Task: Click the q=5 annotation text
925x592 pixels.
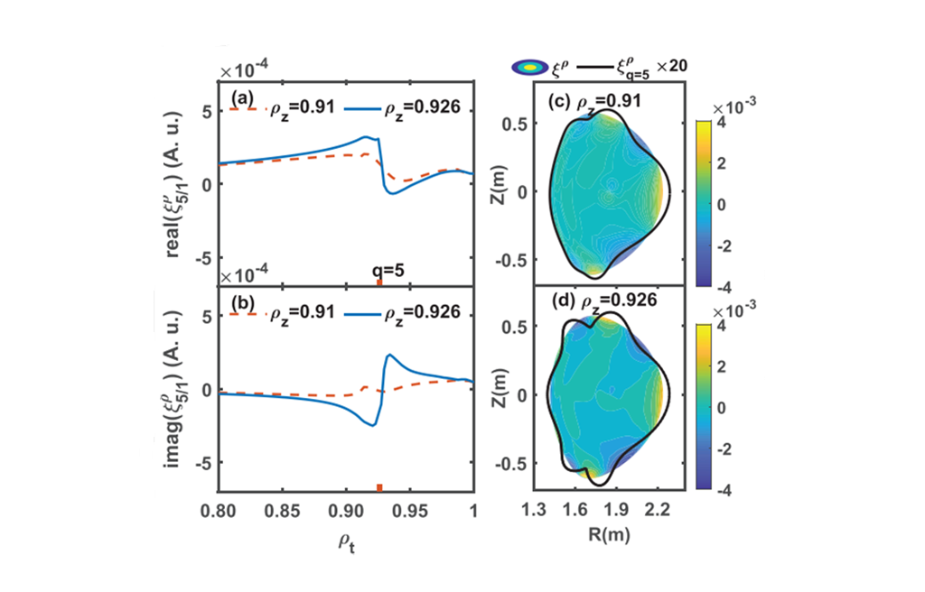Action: (x=388, y=269)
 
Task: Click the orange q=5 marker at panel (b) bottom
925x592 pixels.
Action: (x=379, y=487)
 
